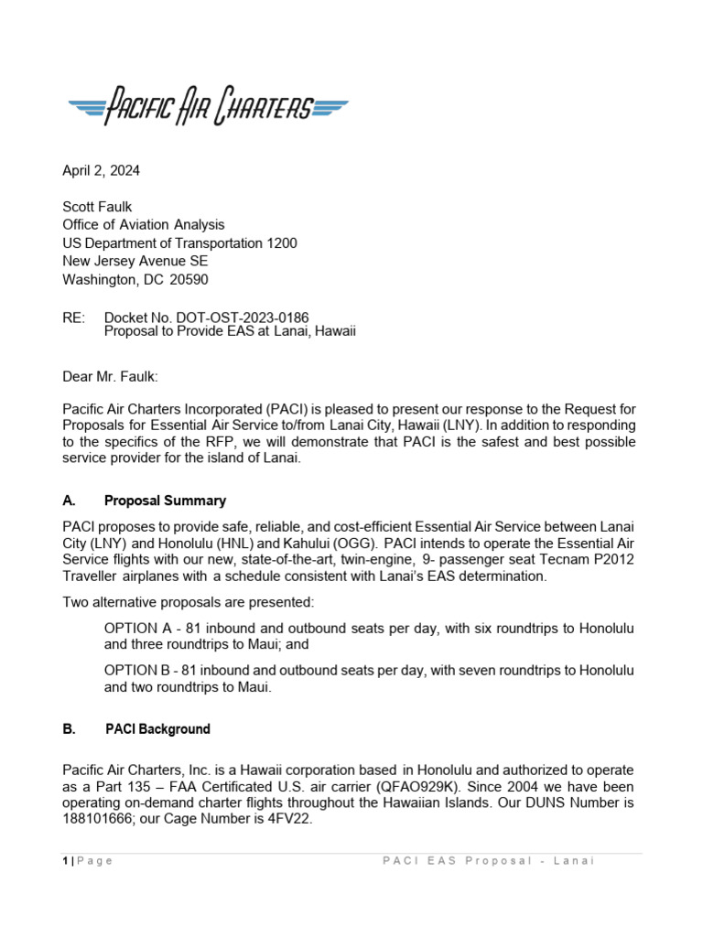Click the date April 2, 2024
101,170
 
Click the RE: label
74,317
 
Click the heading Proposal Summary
165,501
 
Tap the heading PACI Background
157,729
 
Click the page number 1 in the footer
64,861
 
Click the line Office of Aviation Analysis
143,225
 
